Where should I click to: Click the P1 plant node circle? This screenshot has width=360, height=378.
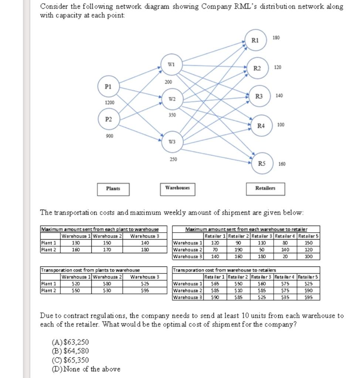pos(108,86)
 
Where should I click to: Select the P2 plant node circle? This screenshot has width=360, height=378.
pos(108,119)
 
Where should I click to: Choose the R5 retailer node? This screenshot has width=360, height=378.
pos(261,163)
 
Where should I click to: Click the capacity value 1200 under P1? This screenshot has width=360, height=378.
pos(110,103)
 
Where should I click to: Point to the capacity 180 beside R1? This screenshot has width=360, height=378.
pos(276,38)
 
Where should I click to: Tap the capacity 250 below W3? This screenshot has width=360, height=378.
pos(173,159)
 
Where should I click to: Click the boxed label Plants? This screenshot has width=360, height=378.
pos(113,189)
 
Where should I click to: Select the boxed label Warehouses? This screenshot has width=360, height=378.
pos(177,188)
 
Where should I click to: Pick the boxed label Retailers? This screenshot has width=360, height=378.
pos(265,188)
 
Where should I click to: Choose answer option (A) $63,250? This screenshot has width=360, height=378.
pos(71,342)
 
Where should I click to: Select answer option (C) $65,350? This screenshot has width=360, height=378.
pos(71,360)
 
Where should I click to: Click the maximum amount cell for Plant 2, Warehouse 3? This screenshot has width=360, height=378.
pos(145,250)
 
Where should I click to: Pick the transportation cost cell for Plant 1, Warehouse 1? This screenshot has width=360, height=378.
pos(76,283)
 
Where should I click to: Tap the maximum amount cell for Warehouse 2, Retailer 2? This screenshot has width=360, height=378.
pos(238,250)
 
